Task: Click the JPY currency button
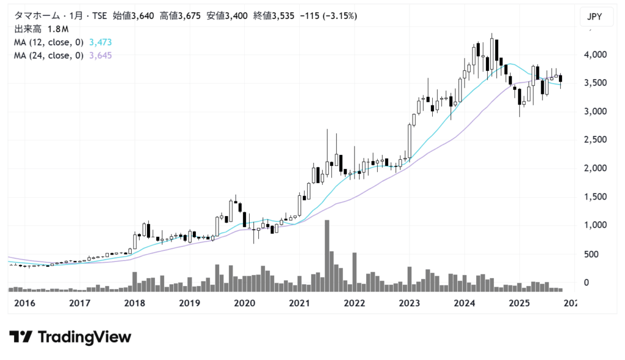(594, 17)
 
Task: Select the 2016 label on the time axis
(25, 303)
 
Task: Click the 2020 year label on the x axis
(244, 303)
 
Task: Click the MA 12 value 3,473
(100, 42)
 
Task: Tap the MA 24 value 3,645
(100, 56)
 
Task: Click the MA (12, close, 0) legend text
(49, 42)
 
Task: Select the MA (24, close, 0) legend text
(49, 56)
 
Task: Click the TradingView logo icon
(21, 337)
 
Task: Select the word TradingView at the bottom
(84, 337)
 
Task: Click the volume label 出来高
(26, 29)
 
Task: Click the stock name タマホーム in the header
(34, 16)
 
